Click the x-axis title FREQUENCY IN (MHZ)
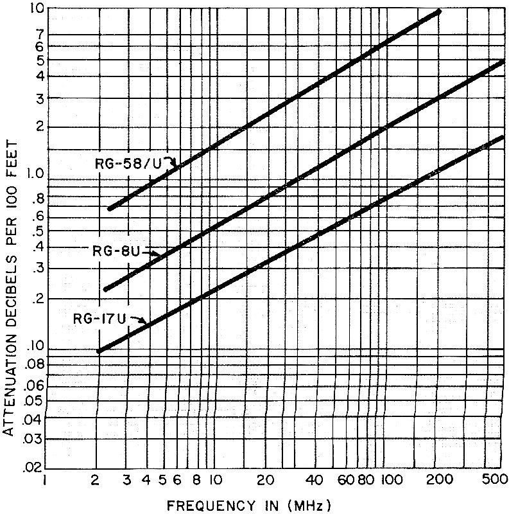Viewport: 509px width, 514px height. (x=250, y=504)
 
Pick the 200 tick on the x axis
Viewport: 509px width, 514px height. (x=438, y=479)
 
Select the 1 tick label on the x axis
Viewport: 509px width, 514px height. (x=44, y=479)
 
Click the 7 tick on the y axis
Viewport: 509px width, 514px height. (x=37, y=33)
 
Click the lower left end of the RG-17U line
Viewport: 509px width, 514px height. (x=99, y=351)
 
